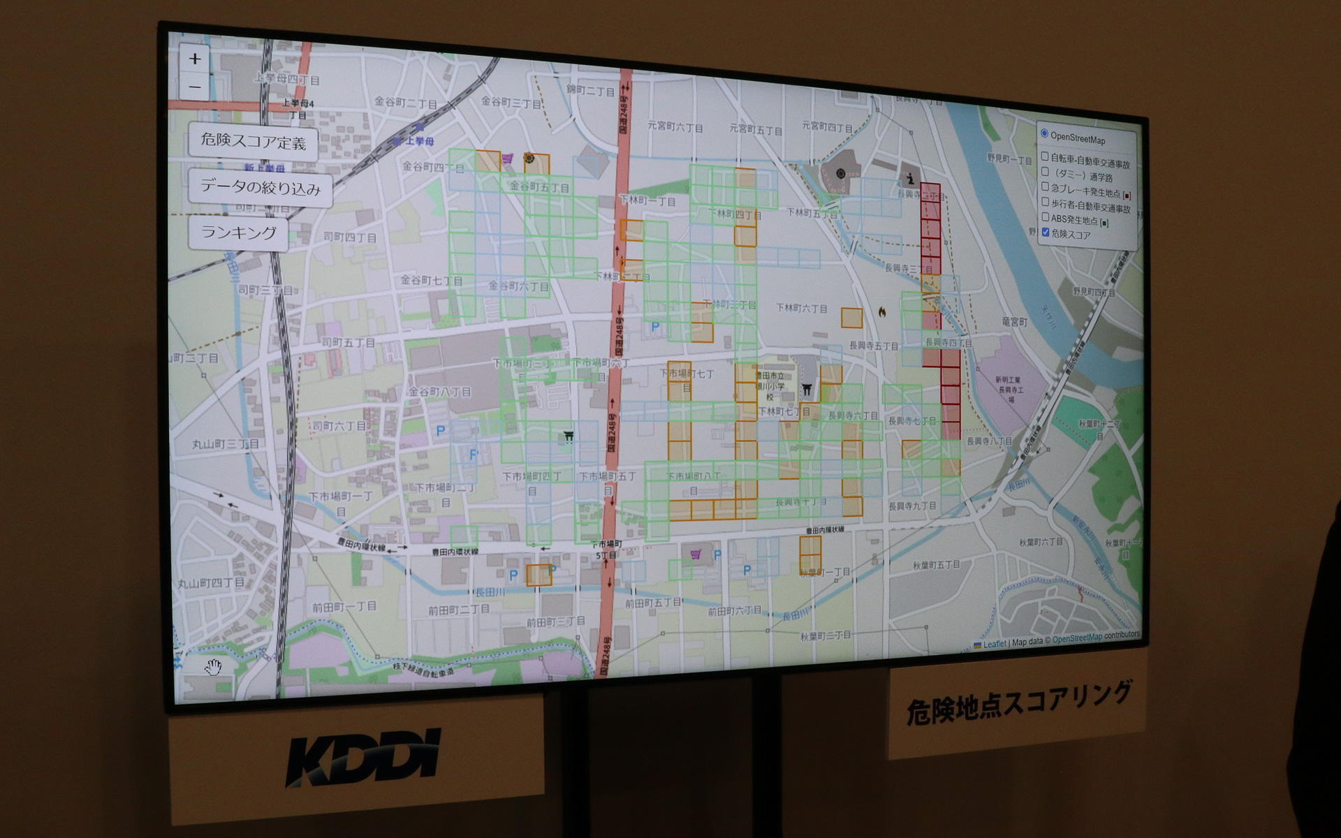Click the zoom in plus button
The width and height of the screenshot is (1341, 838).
pyautogui.click(x=195, y=59)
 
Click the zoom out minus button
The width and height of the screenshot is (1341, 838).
pyautogui.click(x=195, y=88)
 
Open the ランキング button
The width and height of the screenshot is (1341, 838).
pyautogui.click(x=238, y=233)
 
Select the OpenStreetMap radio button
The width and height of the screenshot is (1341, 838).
pyautogui.click(x=1044, y=134)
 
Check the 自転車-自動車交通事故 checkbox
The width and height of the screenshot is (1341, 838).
pyautogui.click(x=1045, y=156)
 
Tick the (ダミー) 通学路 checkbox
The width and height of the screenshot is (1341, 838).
pyautogui.click(x=1045, y=172)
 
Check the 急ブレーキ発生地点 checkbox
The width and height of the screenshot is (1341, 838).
pyautogui.click(x=1045, y=187)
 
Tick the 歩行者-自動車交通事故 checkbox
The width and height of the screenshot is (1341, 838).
pyautogui.click(x=1045, y=202)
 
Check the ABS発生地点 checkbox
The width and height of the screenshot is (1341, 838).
pyautogui.click(x=1045, y=217)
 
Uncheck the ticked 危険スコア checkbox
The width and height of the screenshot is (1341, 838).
pyautogui.click(x=1046, y=233)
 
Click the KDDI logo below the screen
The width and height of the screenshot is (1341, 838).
pyautogui.click(x=363, y=757)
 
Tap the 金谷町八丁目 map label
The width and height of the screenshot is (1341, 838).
pyautogui.click(x=440, y=392)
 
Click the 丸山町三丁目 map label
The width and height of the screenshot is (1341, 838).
pyautogui.click(x=226, y=444)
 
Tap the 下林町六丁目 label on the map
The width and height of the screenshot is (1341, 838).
pyautogui.click(x=802, y=308)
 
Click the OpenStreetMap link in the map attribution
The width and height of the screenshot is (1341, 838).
pyautogui.click(x=1077, y=638)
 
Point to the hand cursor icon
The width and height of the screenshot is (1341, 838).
pyautogui.click(x=213, y=668)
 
